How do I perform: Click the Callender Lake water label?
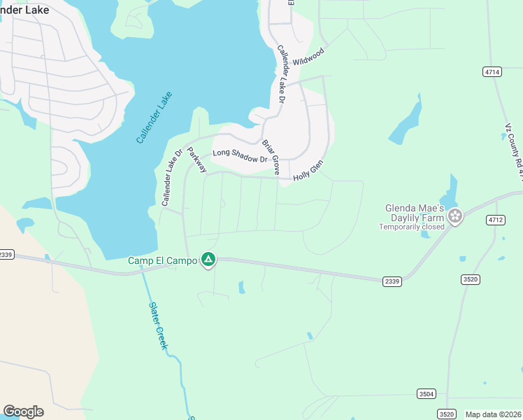[154, 118]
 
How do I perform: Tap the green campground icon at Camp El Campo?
[208, 260]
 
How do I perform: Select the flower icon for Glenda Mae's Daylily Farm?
[456, 216]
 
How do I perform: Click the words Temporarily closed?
[412, 227]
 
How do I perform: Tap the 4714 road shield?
[492, 72]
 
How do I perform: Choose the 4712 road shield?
[495, 220]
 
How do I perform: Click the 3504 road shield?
[426, 393]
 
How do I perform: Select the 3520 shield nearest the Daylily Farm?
[470, 279]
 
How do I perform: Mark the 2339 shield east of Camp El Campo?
[392, 281]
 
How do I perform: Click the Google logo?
[23, 411]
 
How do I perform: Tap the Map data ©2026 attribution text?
[494, 414]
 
